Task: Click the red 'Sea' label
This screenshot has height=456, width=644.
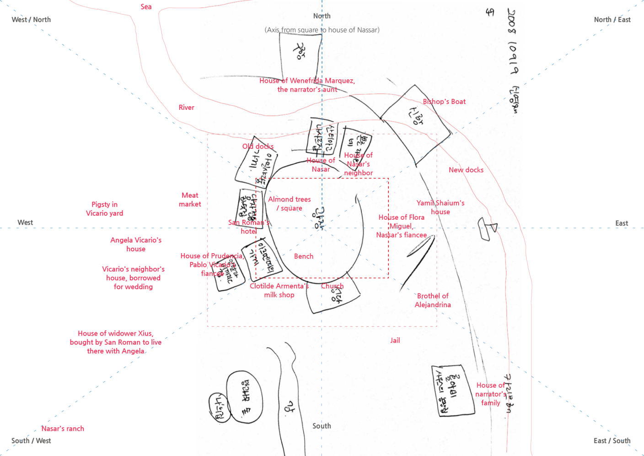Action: [x=146, y=7]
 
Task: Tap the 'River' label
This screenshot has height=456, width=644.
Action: [x=186, y=108]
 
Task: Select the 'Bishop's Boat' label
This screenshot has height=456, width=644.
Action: [x=444, y=102]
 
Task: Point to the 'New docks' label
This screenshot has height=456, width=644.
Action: [x=466, y=170]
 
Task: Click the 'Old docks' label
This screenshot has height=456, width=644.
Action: [x=258, y=147]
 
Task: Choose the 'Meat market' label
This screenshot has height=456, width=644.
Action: [x=190, y=200]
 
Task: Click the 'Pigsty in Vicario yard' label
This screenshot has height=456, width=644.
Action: [x=104, y=209]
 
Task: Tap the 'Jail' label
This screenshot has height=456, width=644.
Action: [x=395, y=341]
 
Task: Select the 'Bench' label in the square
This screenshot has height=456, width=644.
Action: [x=304, y=256]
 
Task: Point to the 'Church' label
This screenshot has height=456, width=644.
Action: [x=332, y=286]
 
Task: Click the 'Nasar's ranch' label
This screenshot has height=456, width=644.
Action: [x=63, y=429]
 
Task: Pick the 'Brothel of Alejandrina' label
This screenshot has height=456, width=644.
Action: [x=433, y=300]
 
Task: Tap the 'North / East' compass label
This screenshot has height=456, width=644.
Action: [x=612, y=20]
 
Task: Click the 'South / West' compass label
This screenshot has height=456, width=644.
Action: [x=31, y=441]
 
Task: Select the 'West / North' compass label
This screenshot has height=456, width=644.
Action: [x=31, y=20]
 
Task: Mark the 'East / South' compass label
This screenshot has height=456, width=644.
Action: [x=612, y=441]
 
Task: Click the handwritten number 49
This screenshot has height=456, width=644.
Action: [x=490, y=12]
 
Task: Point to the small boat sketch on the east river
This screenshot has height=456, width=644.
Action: [x=487, y=228]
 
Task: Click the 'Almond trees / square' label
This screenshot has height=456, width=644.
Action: [x=290, y=204]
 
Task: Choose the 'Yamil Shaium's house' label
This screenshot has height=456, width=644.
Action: [x=440, y=207]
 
